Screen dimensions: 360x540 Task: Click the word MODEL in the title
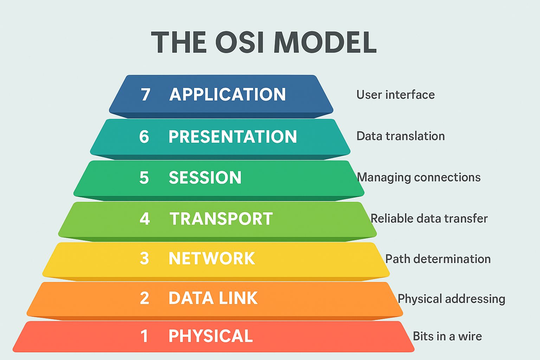325,43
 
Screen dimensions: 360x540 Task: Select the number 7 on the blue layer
146,95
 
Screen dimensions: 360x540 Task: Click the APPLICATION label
227,95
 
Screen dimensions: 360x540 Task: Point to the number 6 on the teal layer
144,137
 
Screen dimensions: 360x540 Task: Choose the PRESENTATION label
232,137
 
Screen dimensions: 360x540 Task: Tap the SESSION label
205,178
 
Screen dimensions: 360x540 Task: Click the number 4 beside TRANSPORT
144,219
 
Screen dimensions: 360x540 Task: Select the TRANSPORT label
221,219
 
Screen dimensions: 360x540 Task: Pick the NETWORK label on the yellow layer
212,259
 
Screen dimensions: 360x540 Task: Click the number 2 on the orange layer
144,298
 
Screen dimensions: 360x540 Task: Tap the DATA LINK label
213,298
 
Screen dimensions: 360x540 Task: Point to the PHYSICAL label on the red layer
211,336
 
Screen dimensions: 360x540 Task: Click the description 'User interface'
396,95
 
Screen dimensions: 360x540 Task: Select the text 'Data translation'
400,136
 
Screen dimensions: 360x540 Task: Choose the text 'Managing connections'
419,178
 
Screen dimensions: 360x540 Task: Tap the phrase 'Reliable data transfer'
429,219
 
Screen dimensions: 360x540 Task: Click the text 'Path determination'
438,259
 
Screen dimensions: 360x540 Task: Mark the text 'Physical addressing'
451,299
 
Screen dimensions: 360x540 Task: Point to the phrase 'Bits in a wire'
447,336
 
